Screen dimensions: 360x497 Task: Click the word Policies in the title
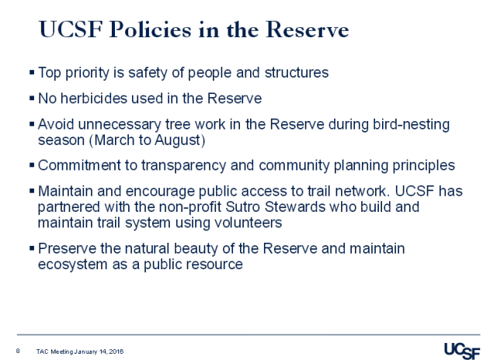pos(144,31)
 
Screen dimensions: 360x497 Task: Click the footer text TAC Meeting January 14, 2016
pos(80,351)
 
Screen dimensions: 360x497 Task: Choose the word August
pos(161,140)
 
